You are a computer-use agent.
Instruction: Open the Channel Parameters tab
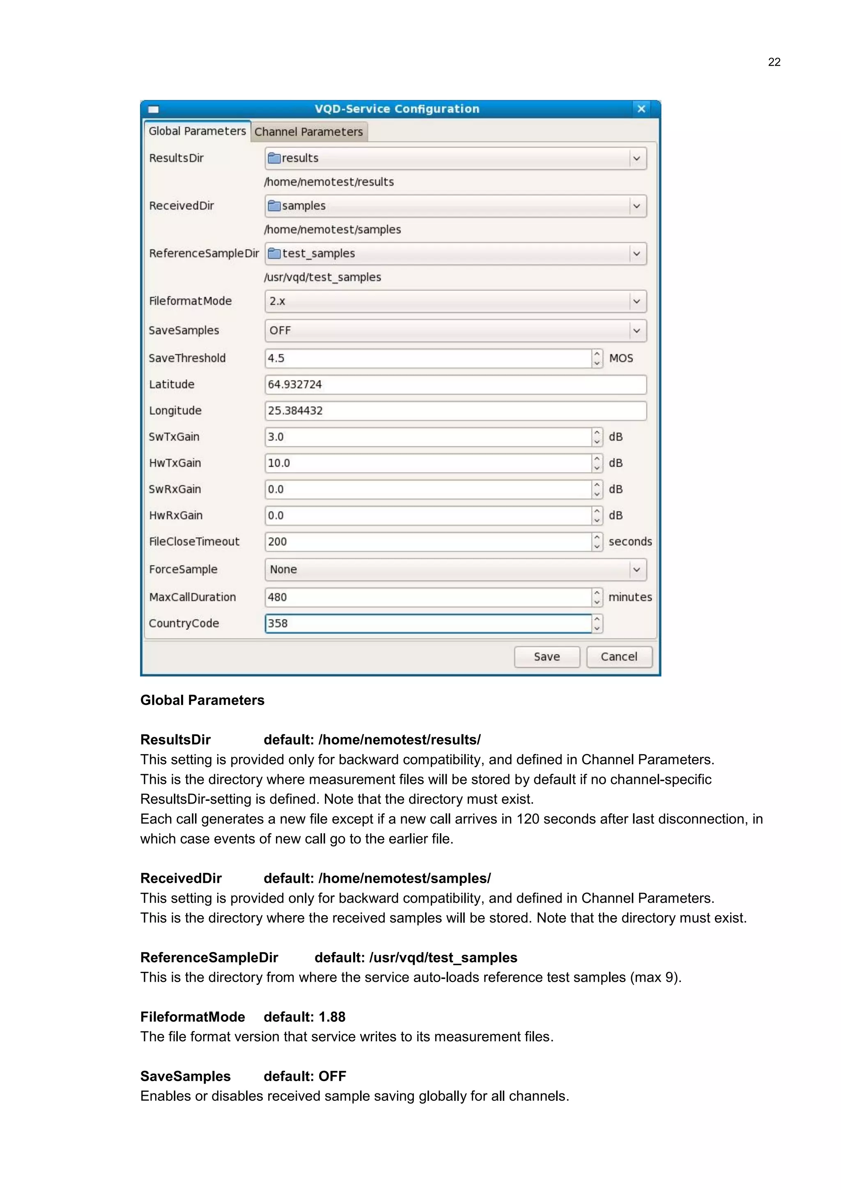pyautogui.click(x=309, y=131)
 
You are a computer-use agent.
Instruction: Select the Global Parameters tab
pyautogui.click(x=197, y=131)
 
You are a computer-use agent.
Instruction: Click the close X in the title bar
pyautogui.click(x=641, y=109)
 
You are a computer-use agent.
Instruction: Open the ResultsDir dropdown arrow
pyautogui.click(x=636, y=158)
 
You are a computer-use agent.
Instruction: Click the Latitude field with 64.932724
pyautogui.click(x=455, y=385)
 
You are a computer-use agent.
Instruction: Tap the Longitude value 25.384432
pyautogui.click(x=295, y=411)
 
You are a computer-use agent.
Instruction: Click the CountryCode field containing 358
pyautogui.click(x=428, y=623)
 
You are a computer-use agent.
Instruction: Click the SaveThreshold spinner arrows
pyautogui.click(x=597, y=358)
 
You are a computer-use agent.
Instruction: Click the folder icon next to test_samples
pyautogui.click(x=274, y=254)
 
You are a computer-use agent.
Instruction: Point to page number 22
pyautogui.click(x=774, y=62)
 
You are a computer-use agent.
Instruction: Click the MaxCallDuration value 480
pyautogui.click(x=278, y=597)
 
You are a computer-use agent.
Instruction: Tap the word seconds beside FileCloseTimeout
pyautogui.click(x=630, y=542)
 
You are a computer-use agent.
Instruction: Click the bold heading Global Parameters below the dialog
pyautogui.click(x=202, y=700)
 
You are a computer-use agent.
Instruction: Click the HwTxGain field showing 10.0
pyautogui.click(x=428, y=463)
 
